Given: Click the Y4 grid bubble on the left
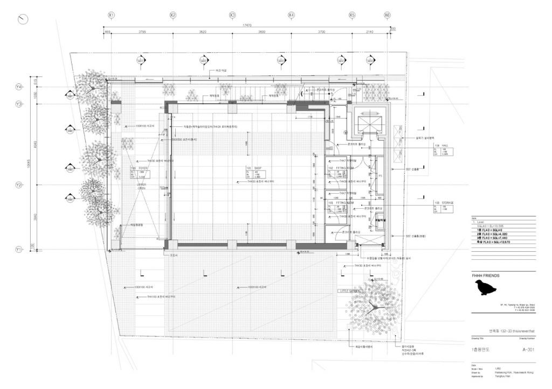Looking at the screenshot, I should pos(19,87).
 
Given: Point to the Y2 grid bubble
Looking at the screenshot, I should pos(19,185).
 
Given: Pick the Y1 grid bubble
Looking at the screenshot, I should pos(19,250).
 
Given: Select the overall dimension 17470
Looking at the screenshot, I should pos(247,25).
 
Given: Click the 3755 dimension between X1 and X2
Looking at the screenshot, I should pos(142,32).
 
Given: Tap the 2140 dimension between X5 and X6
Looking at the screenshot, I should pos(369,32).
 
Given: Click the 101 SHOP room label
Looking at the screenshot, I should pos(253,167).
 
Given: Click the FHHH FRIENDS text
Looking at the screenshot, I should pos(486,275).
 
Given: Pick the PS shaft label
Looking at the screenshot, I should pos(380,175).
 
